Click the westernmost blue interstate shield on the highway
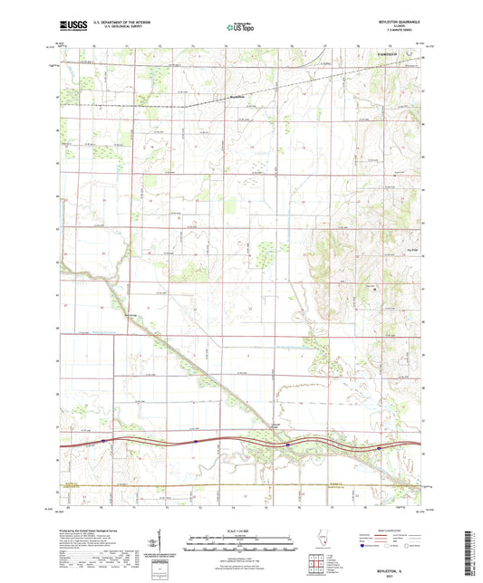click(x=104, y=442)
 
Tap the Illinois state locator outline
click(x=319, y=545)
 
